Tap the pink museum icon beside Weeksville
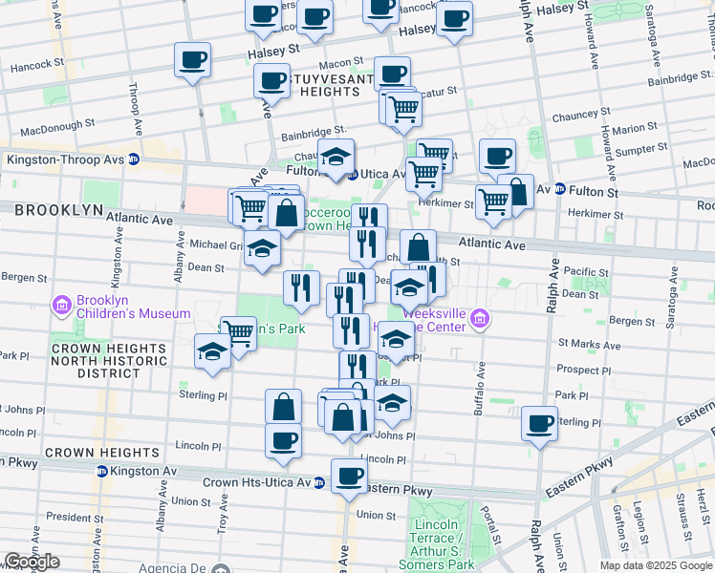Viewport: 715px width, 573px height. click(479, 319)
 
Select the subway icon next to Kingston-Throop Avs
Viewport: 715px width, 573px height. click(134, 160)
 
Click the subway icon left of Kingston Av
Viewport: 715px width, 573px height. click(101, 471)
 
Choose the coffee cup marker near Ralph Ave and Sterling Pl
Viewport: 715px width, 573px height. click(539, 422)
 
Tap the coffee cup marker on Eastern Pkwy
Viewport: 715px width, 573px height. click(349, 476)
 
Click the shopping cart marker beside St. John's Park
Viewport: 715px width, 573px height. click(238, 333)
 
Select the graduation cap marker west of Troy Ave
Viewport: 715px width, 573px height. click(212, 350)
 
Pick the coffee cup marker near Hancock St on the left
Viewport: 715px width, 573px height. click(192, 60)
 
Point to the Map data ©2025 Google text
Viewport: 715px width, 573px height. click(655, 565)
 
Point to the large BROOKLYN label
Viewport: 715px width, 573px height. click(58, 209)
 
